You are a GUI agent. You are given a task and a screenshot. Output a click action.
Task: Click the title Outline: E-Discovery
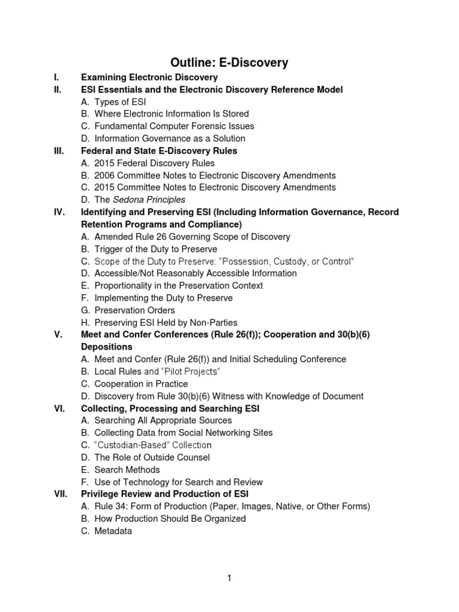pyautogui.click(x=229, y=62)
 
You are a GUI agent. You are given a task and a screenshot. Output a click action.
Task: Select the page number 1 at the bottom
pyautogui.click(x=229, y=578)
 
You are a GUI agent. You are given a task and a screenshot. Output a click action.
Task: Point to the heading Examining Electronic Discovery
pyautogui.click(x=149, y=77)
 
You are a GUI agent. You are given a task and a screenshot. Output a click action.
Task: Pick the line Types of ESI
pyautogui.click(x=120, y=102)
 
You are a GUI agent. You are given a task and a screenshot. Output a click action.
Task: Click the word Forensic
pyautogui.click(x=197, y=126)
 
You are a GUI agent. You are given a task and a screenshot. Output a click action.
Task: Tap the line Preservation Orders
pyautogui.click(x=134, y=310)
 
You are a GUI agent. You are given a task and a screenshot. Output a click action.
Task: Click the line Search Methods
pyautogui.click(x=127, y=470)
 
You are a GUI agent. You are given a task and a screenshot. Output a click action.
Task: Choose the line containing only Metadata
pyautogui.click(x=113, y=531)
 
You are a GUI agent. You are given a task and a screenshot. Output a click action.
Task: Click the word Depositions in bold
pyautogui.click(x=107, y=347)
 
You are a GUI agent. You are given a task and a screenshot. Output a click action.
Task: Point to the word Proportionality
pyautogui.click(x=124, y=286)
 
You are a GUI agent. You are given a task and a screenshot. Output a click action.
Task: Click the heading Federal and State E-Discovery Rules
pyautogui.click(x=159, y=151)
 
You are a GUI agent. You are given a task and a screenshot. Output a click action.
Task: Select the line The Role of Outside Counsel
pyautogui.click(x=152, y=457)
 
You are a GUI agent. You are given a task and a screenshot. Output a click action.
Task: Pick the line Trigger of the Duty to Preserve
pyautogui.click(x=155, y=249)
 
